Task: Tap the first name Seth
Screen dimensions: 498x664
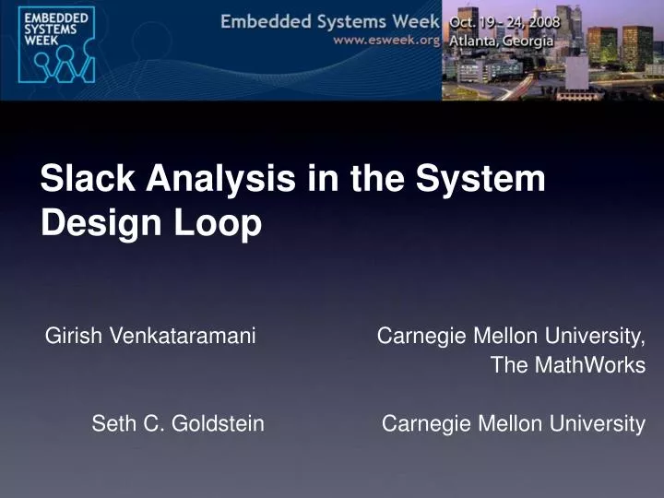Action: (x=112, y=423)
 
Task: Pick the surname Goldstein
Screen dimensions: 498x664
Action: (x=219, y=423)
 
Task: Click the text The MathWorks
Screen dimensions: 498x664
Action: (x=567, y=365)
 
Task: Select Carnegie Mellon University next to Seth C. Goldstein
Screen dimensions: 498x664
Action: (x=513, y=423)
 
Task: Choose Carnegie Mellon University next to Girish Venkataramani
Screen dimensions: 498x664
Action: (x=511, y=337)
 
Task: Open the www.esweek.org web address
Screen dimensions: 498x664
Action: (x=385, y=41)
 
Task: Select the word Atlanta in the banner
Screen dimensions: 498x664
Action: (x=471, y=41)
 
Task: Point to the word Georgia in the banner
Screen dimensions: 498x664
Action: (x=528, y=41)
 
